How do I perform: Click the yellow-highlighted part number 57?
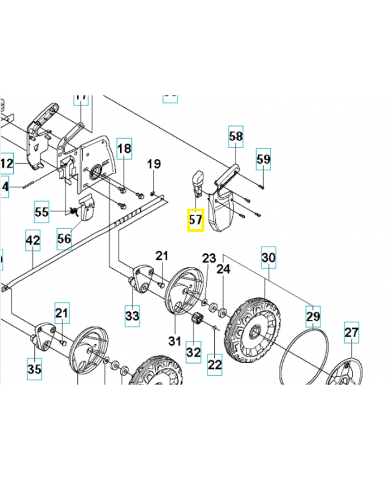click(x=195, y=220)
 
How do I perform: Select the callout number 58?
click(x=236, y=137)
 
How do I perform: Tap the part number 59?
click(x=263, y=159)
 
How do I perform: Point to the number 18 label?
click(x=124, y=148)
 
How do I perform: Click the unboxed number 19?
click(x=154, y=164)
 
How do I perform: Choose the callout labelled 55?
click(x=41, y=212)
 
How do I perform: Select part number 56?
click(x=64, y=238)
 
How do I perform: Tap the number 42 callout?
click(x=32, y=241)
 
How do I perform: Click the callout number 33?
click(x=132, y=315)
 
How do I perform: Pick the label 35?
click(x=35, y=368)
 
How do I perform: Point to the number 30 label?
click(x=268, y=258)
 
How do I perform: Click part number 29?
click(x=313, y=316)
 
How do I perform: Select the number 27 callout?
click(x=351, y=333)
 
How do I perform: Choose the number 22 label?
click(x=215, y=363)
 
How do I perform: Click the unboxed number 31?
click(x=175, y=341)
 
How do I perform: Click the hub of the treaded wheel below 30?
click(x=251, y=329)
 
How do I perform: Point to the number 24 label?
click(x=223, y=269)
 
